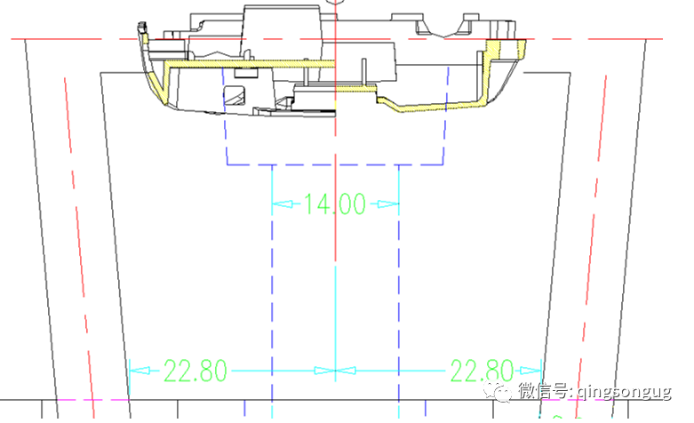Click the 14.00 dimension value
pyautogui.click(x=335, y=204)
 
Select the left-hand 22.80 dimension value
pyautogui.click(x=195, y=371)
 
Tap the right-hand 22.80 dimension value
pyautogui.click(x=482, y=371)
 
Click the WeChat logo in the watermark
pyautogui.click(x=497, y=391)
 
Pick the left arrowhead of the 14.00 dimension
pyautogui.click(x=283, y=204)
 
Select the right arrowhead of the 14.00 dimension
pyautogui.click(x=388, y=204)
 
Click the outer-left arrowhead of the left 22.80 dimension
pyautogui.click(x=140, y=371)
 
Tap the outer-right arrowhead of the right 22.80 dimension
pyautogui.click(x=531, y=371)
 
